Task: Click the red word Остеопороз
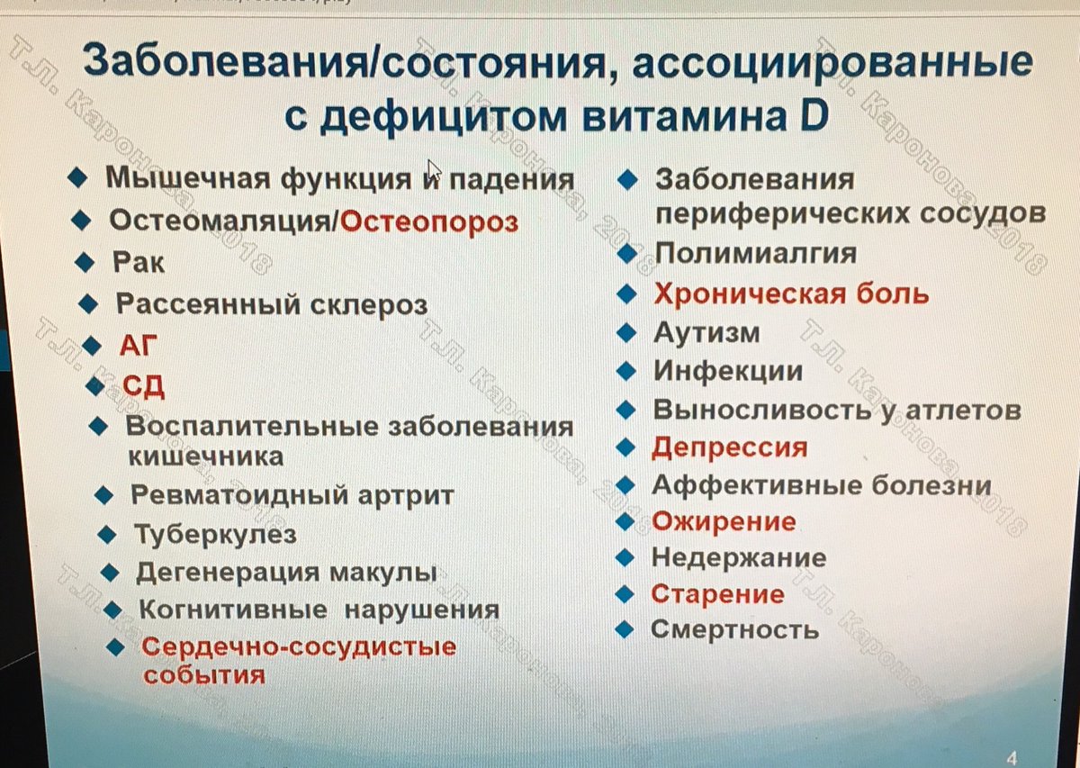429,221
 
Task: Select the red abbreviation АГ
137,344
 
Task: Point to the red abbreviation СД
143,386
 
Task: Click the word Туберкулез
215,534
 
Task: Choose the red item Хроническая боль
790,294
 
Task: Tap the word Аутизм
706,333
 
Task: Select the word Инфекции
728,371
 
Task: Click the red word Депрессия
730,447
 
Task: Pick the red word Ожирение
724,521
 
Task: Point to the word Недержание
738,558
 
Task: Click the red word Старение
717,594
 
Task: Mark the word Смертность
734,629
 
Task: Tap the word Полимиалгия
755,253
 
